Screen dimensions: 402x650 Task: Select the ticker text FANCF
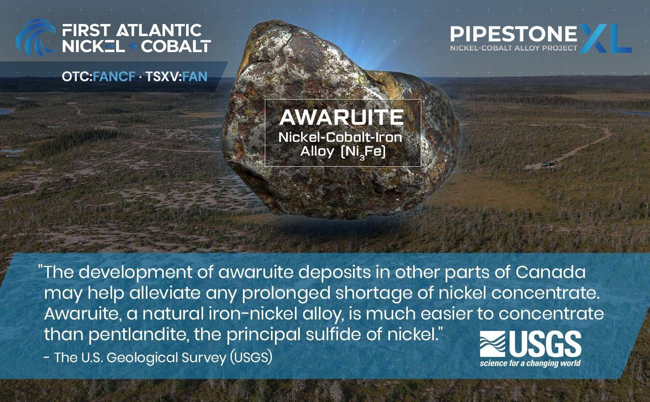pos(114,76)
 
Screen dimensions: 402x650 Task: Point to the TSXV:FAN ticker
pos(176,76)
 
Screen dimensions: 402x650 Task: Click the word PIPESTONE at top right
pos(513,34)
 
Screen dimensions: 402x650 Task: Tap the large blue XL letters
pos(605,37)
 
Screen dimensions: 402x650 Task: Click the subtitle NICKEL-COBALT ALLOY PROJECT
pos(513,48)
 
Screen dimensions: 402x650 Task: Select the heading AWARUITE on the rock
pos(341,117)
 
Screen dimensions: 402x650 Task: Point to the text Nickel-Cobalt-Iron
pos(340,137)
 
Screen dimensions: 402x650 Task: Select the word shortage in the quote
pos(378,293)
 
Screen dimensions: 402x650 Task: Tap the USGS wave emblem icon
pos(492,344)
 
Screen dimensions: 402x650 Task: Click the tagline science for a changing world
pos(530,363)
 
